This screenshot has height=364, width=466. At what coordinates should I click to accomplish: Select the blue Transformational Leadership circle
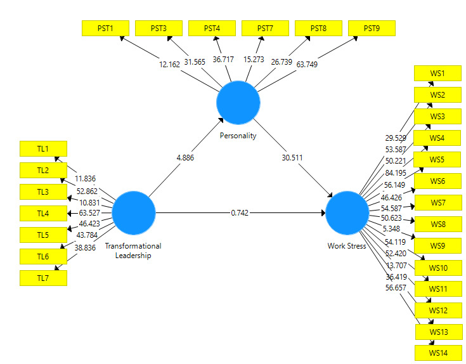(134, 213)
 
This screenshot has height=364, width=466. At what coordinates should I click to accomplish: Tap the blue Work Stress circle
(347, 213)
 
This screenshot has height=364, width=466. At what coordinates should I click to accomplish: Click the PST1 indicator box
(106, 29)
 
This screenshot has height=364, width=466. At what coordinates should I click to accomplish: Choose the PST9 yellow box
(372, 29)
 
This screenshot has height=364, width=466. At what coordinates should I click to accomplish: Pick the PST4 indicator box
(212, 29)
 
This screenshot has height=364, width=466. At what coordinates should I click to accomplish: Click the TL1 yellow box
(43, 148)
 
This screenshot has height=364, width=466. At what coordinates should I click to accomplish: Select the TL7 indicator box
(43, 278)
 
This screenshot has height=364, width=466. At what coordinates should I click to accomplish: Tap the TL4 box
(43, 213)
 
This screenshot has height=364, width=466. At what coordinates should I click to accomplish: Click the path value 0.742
(240, 213)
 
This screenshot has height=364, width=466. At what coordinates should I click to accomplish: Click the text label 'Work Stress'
(347, 246)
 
